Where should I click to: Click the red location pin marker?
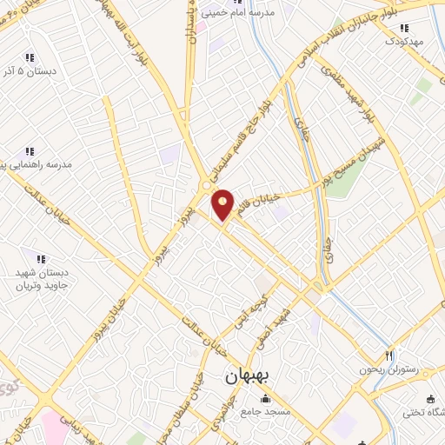[x=223, y=204]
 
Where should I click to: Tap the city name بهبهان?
[x=248, y=376]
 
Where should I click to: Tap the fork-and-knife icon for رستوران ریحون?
[x=389, y=355]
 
